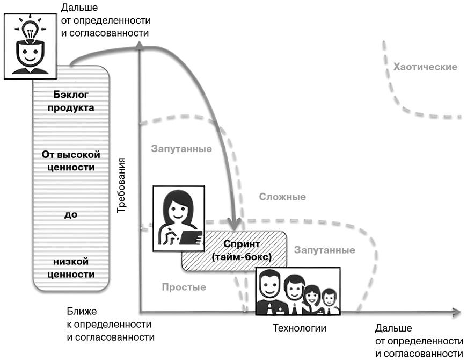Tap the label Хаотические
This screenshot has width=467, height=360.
[x=425, y=67]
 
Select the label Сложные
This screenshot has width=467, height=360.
[x=282, y=197]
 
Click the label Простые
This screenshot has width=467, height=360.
[x=184, y=287]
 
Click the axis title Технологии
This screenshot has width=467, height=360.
[x=300, y=327]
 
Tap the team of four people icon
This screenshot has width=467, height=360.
[x=298, y=291]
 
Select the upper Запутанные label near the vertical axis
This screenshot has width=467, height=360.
[x=181, y=149]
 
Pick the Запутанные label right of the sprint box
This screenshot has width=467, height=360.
[x=324, y=250]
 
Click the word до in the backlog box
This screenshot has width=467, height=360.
[x=71, y=214]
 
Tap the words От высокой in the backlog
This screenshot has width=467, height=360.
[x=71, y=155]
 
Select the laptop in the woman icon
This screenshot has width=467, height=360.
[x=191, y=237]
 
